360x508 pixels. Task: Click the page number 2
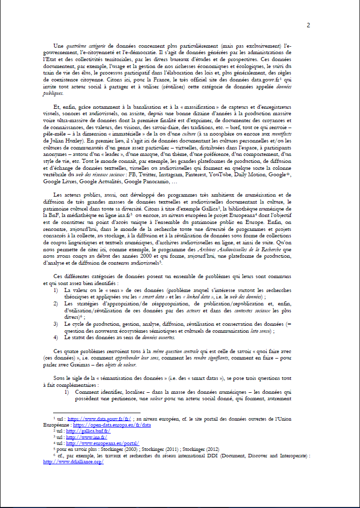tap(308, 26)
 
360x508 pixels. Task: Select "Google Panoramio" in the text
tap(150, 182)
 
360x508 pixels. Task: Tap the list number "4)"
tap(56, 337)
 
